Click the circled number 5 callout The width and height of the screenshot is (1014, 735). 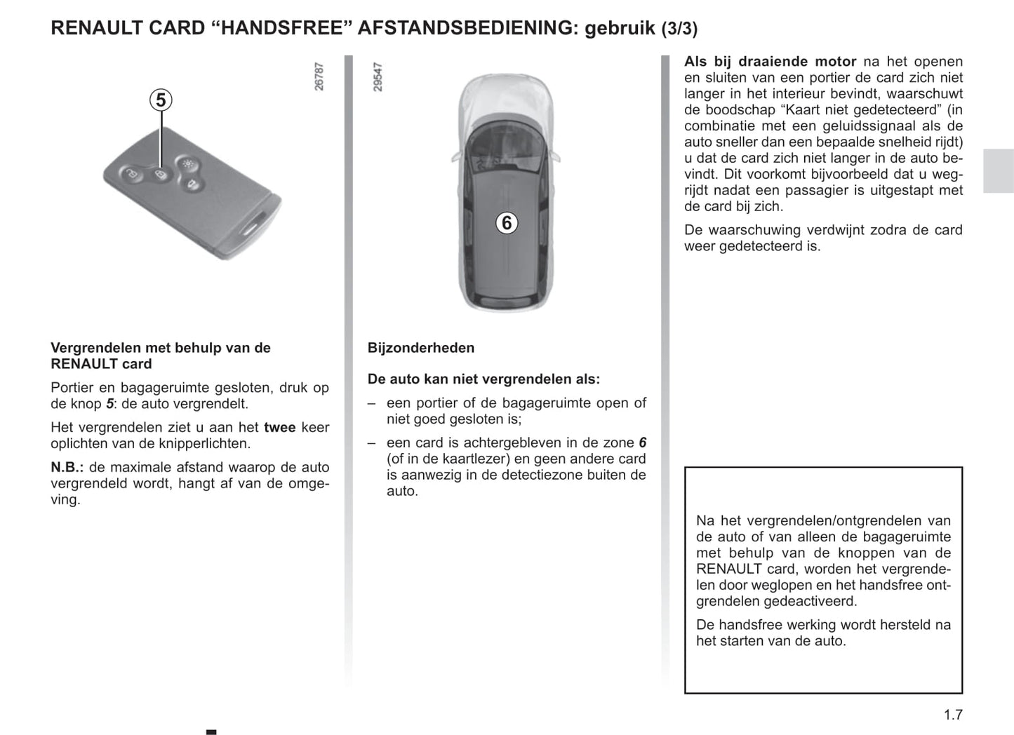point(161,100)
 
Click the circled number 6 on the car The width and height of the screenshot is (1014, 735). point(506,223)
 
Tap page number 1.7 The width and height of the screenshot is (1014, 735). point(953,715)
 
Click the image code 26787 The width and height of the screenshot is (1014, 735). point(319,76)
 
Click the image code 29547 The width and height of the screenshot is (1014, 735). point(378,76)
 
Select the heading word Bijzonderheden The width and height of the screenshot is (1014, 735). point(420,348)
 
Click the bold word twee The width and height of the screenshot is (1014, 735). point(280,427)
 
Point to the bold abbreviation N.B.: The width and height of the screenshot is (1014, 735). point(67,467)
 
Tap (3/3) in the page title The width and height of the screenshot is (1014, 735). point(679,29)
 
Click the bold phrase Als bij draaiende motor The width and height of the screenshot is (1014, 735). point(770,62)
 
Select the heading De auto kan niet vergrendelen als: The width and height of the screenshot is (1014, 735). point(483,379)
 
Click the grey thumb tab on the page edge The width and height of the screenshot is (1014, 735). point(998,171)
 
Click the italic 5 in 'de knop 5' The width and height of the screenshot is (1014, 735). point(109,404)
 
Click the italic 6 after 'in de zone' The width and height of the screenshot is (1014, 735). point(642,443)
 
